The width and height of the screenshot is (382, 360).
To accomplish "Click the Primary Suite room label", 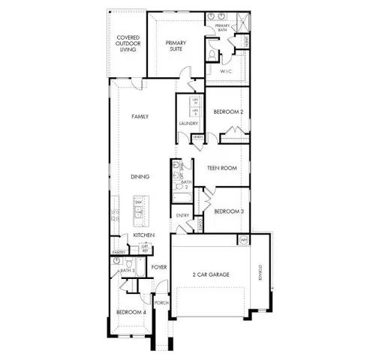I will click(x=176, y=47).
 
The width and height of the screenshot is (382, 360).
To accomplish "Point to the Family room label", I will click(x=140, y=117).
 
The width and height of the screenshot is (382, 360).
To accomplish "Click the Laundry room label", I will click(x=188, y=123).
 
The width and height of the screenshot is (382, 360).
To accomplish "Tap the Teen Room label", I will click(x=222, y=168).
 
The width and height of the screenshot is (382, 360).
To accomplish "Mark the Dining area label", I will click(x=140, y=177).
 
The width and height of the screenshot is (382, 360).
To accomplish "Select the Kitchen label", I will click(x=144, y=235).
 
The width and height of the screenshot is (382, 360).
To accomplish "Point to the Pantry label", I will click(x=119, y=253).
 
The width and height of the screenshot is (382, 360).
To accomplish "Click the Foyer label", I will click(x=158, y=267).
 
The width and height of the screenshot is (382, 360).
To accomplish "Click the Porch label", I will click(x=161, y=303).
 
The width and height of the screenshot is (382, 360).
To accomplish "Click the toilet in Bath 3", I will click(x=129, y=264).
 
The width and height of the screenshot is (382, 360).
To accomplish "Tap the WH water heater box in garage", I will click(x=243, y=239).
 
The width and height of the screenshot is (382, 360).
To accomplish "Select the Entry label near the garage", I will click(x=182, y=216).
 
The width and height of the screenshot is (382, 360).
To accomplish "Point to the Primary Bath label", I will click(x=224, y=27).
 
